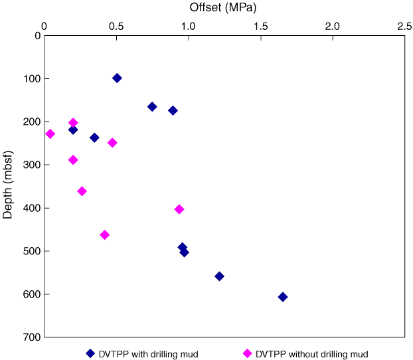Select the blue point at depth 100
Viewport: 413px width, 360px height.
[x=117, y=78]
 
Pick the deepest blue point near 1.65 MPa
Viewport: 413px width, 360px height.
[x=282, y=297]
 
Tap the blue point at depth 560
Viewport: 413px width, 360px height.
[x=219, y=276]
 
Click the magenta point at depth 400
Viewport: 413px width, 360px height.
[x=179, y=209]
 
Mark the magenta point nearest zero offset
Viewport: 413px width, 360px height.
[x=50, y=134]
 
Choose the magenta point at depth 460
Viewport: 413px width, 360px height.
[x=104, y=234]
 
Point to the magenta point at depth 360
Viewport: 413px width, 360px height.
[x=82, y=191]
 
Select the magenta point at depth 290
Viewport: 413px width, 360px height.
[x=73, y=160]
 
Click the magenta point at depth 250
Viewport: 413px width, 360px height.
[x=112, y=143]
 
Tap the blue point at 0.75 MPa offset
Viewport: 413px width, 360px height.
[x=152, y=106]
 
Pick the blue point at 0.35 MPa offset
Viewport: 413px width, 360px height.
[x=94, y=137]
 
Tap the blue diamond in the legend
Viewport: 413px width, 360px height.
[x=90, y=353]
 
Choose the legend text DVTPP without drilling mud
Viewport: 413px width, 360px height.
[x=311, y=353]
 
